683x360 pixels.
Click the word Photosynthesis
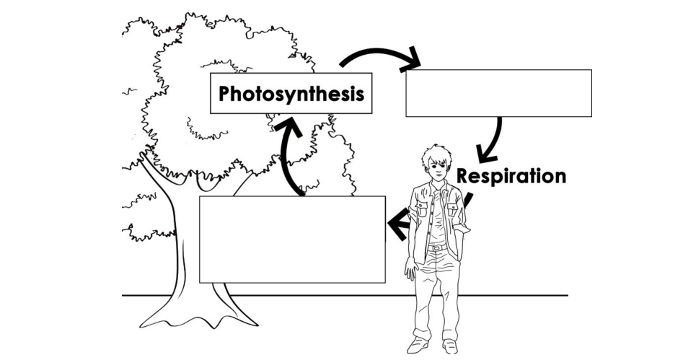pos(291,94)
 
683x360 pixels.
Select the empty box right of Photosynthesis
pos(498,93)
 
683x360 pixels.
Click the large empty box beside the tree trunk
pos(292,239)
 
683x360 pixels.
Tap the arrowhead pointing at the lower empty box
pos(397,225)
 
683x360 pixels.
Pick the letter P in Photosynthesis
pos(226,94)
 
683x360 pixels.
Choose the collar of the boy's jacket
pos(427,190)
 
